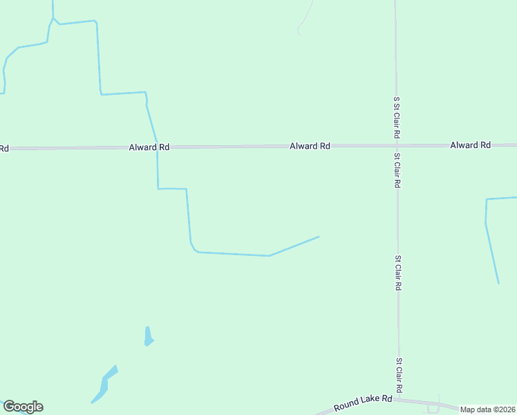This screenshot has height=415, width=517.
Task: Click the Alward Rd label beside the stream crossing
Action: pyautogui.click(x=149, y=147)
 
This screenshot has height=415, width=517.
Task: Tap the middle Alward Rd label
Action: pyautogui.click(x=310, y=146)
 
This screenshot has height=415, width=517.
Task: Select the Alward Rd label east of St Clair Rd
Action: pyautogui.click(x=470, y=145)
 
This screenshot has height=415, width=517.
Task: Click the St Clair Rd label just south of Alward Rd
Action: pyautogui.click(x=397, y=171)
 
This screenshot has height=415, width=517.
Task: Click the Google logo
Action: pyautogui.click(x=23, y=407)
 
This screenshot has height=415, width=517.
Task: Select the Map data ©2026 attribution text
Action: pyautogui.click(x=488, y=409)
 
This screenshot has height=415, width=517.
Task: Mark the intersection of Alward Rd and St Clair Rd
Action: pyautogui.click(x=396, y=145)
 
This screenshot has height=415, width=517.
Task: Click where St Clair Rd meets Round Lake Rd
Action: pyautogui.click(x=399, y=399)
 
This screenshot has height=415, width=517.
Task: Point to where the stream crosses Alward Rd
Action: pyautogui.click(x=157, y=147)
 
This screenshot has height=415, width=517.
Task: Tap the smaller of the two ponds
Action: pyautogui.click(x=148, y=337)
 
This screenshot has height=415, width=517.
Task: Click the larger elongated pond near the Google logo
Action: pyautogui.click(x=104, y=385)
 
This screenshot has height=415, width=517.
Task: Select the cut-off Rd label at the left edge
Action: pyautogui.click(x=3, y=148)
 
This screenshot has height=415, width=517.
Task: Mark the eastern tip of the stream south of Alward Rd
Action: pyautogui.click(x=319, y=237)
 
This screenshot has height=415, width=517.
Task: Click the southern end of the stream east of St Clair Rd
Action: pyautogui.click(x=498, y=283)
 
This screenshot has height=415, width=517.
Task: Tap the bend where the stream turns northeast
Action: pyautogui.click(x=269, y=256)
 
